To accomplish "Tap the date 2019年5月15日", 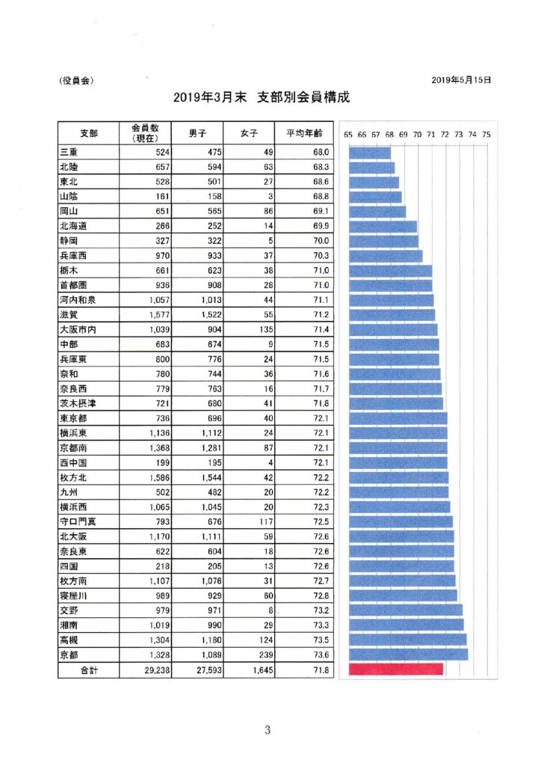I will point(461,79).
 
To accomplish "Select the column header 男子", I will point(197,133).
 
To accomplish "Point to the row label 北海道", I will point(77,226).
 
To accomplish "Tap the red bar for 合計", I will point(395,670).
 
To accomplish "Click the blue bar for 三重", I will point(370,153).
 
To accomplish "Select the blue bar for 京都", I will point(409,655).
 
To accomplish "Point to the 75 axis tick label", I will point(486,134).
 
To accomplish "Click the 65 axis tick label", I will point(348,134).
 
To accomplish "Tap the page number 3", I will point(268,731).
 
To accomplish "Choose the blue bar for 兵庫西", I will point(386,256).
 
